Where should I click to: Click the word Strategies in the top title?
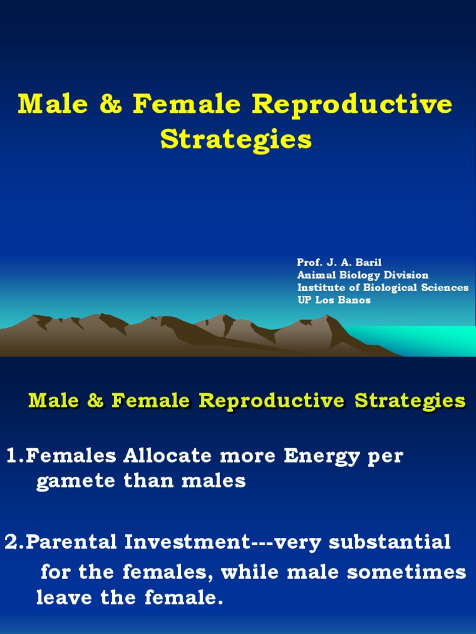tap(236, 140)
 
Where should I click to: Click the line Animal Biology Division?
tap(363, 275)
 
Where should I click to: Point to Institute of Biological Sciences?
tap(382, 287)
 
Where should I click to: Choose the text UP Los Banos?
tap(333, 300)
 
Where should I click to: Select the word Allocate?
tap(162, 456)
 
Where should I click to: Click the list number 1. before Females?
tap(15, 456)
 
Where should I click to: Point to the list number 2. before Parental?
tap(15, 542)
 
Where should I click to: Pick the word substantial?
tap(389, 542)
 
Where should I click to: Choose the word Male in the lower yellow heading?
tap(55, 401)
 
